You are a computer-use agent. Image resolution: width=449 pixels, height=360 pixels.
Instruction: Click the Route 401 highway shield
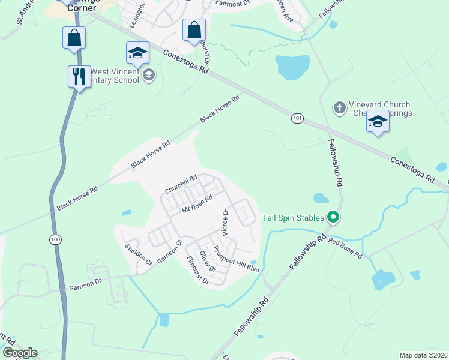coord(298,119)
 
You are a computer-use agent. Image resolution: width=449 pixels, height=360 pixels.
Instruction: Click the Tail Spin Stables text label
coord(292,218)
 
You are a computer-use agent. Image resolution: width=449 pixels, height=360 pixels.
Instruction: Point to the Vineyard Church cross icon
coord(339,107)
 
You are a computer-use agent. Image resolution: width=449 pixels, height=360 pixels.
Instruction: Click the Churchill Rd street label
coord(181,185)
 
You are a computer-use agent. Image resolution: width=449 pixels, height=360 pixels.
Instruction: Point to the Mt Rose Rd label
coord(197,205)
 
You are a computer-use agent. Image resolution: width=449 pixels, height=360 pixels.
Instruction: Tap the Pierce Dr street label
coord(225,220)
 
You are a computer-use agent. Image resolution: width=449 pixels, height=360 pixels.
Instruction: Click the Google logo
coord(20,353)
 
